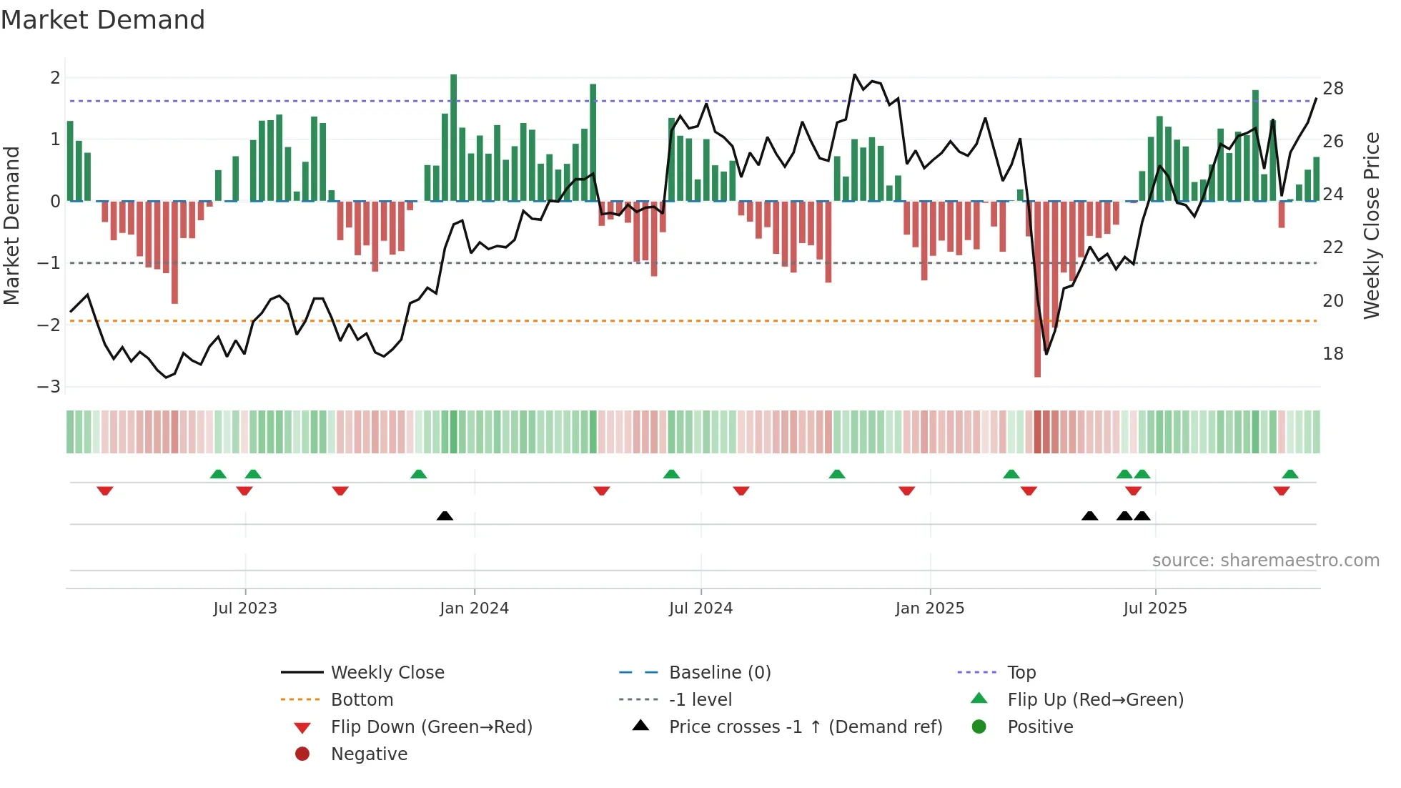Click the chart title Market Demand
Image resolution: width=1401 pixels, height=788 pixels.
tap(103, 20)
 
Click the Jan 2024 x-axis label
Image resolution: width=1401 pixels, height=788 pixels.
tap(474, 609)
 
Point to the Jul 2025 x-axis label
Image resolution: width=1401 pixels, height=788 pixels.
tap(1154, 609)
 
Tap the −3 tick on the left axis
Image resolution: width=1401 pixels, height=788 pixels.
tap(49, 387)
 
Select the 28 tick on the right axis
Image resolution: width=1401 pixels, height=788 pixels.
tap(1332, 89)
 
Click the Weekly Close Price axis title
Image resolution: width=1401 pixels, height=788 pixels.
tap(1371, 225)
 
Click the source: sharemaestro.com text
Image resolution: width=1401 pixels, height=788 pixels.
tap(1265, 561)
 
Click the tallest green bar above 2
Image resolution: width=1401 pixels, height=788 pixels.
tap(453, 136)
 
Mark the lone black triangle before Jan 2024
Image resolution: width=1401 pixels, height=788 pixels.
tap(445, 516)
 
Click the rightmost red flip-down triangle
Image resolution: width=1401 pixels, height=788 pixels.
tap(1281, 491)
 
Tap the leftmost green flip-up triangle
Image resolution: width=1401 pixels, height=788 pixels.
tap(218, 474)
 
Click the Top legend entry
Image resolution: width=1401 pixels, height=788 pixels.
tap(1021, 673)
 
